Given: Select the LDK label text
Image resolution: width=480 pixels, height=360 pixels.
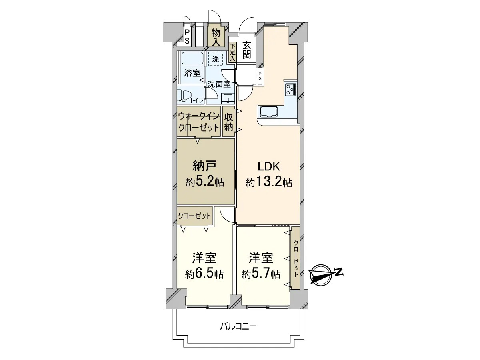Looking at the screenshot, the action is pyautogui.click(x=269, y=167).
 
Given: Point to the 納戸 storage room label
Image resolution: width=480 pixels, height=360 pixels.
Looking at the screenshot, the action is pyautogui.click(x=205, y=166).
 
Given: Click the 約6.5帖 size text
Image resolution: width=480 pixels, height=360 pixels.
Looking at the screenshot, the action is pyautogui.click(x=204, y=274).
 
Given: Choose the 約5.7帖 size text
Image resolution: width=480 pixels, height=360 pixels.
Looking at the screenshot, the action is pyautogui.click(x=261, y=274).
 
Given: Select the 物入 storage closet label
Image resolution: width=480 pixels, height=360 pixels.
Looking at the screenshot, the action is pyautogui.click(x=216, y=38).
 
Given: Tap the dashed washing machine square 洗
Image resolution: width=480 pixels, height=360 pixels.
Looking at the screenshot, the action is pyautogui.click(x=215, y=59).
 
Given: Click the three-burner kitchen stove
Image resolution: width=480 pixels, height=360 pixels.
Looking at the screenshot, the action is pyautogui.click(x=290, y=89).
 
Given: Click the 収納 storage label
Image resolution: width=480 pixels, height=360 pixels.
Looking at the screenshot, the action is pyautogui.click(x=228, y=123).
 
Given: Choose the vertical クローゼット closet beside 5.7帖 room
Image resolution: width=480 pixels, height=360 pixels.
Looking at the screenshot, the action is pyautogui.click(x=295, y=258).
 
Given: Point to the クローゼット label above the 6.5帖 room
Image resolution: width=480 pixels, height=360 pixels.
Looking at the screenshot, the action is pyautogui.click(x=194, y=216).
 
